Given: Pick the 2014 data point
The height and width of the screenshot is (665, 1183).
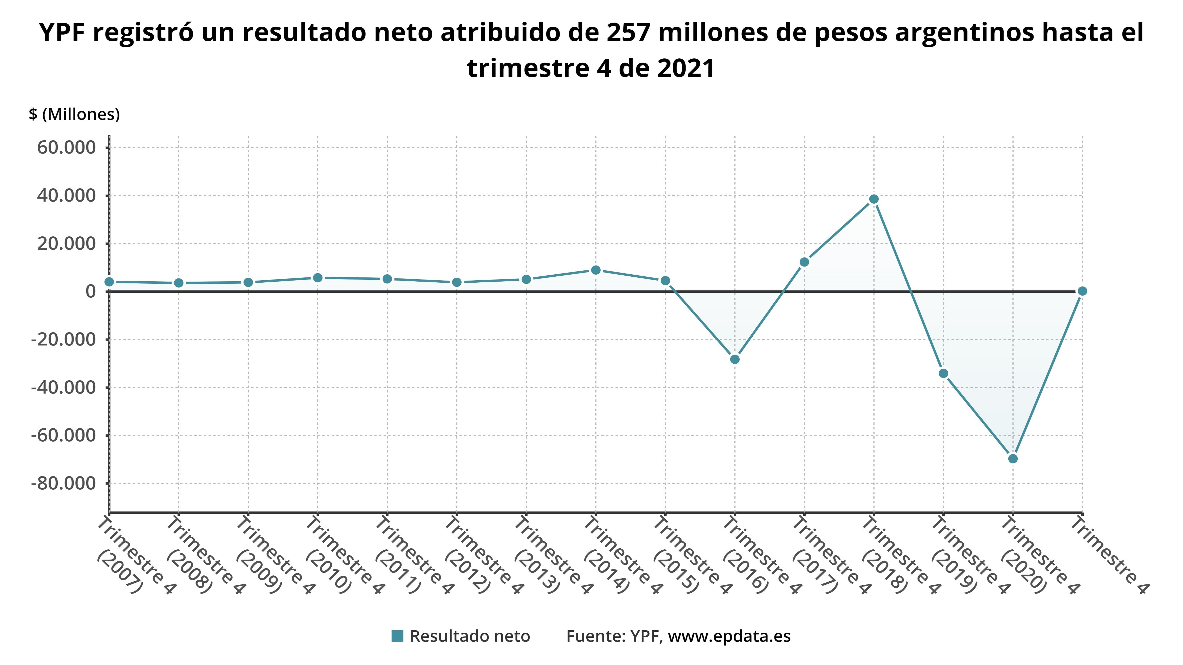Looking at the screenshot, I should click(x=596, y=270).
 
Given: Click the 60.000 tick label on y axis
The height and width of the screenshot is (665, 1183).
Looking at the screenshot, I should click(x=67, y=148).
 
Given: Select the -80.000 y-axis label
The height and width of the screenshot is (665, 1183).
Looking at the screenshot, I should click(x=63, y=483).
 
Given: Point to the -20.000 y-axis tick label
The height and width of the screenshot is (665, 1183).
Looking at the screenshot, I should click(x=63, y=340).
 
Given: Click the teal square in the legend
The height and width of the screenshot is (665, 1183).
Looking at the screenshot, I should click(x=397, y=636).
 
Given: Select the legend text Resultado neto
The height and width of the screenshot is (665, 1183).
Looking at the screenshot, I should click(x=470, y=636).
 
